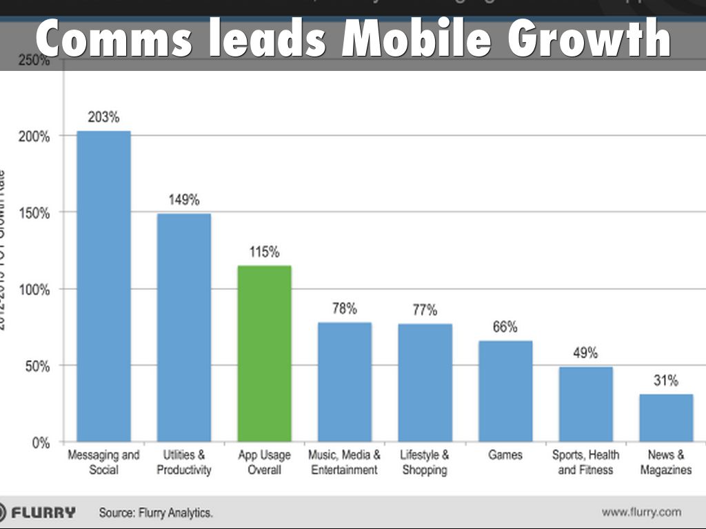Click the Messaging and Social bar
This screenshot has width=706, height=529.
[103, 286]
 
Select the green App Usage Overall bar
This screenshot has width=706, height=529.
[264, 353]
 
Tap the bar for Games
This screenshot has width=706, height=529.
[505, 391]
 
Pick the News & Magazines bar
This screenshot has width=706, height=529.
[665, 417]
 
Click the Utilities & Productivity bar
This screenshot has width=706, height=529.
[183, 327]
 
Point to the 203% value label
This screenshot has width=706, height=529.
[103, 117]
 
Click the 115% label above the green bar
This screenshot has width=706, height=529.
[264, 252]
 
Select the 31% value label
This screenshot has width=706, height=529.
[666, 380]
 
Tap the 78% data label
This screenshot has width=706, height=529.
[345, 309]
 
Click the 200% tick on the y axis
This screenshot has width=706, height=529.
[34, 136]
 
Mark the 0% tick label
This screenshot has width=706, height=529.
[41, 443]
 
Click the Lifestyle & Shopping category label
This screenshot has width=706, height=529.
[425, 462]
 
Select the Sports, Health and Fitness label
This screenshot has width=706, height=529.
[585, 462]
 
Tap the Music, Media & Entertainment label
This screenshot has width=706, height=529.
[345, 462]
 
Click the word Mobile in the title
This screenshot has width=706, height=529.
[416, 40]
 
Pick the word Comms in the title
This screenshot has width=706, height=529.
[114, 40]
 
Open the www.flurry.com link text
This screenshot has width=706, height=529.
[641, 512]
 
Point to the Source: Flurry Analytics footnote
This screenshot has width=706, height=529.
[156, 512]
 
